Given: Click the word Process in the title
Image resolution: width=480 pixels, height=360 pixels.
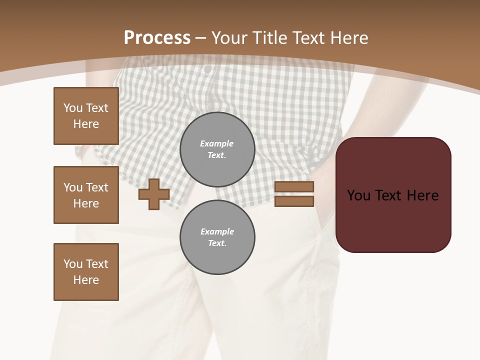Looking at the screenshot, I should (157, 38).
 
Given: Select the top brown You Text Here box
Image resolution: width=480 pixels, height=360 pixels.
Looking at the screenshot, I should (86, 116).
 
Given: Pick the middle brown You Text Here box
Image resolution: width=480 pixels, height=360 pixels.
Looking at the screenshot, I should (86, 195).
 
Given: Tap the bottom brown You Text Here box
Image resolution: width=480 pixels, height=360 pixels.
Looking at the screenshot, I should (86, 272).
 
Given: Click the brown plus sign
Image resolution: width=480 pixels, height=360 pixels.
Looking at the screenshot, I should (154, 194).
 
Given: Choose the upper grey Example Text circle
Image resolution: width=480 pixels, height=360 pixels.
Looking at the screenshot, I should (217, 149).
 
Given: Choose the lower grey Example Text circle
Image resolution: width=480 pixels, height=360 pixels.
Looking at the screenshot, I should (217, 237).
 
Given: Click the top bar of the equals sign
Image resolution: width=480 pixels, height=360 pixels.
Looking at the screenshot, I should (294, 187).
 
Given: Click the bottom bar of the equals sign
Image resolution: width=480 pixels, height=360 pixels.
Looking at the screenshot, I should (294, 201).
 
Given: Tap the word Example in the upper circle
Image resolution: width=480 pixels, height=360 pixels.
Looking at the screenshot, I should (217, 143).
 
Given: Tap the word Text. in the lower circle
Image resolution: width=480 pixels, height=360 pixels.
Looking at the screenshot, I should (217, 243).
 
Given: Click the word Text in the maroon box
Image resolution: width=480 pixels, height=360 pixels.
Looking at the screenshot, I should (393, 195).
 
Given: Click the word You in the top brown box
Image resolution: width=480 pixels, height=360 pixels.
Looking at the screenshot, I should (72, 108).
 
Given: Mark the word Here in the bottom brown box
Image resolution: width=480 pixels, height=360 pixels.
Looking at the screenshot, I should (86, 280).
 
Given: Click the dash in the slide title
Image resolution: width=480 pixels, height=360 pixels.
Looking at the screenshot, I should (201, 38).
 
